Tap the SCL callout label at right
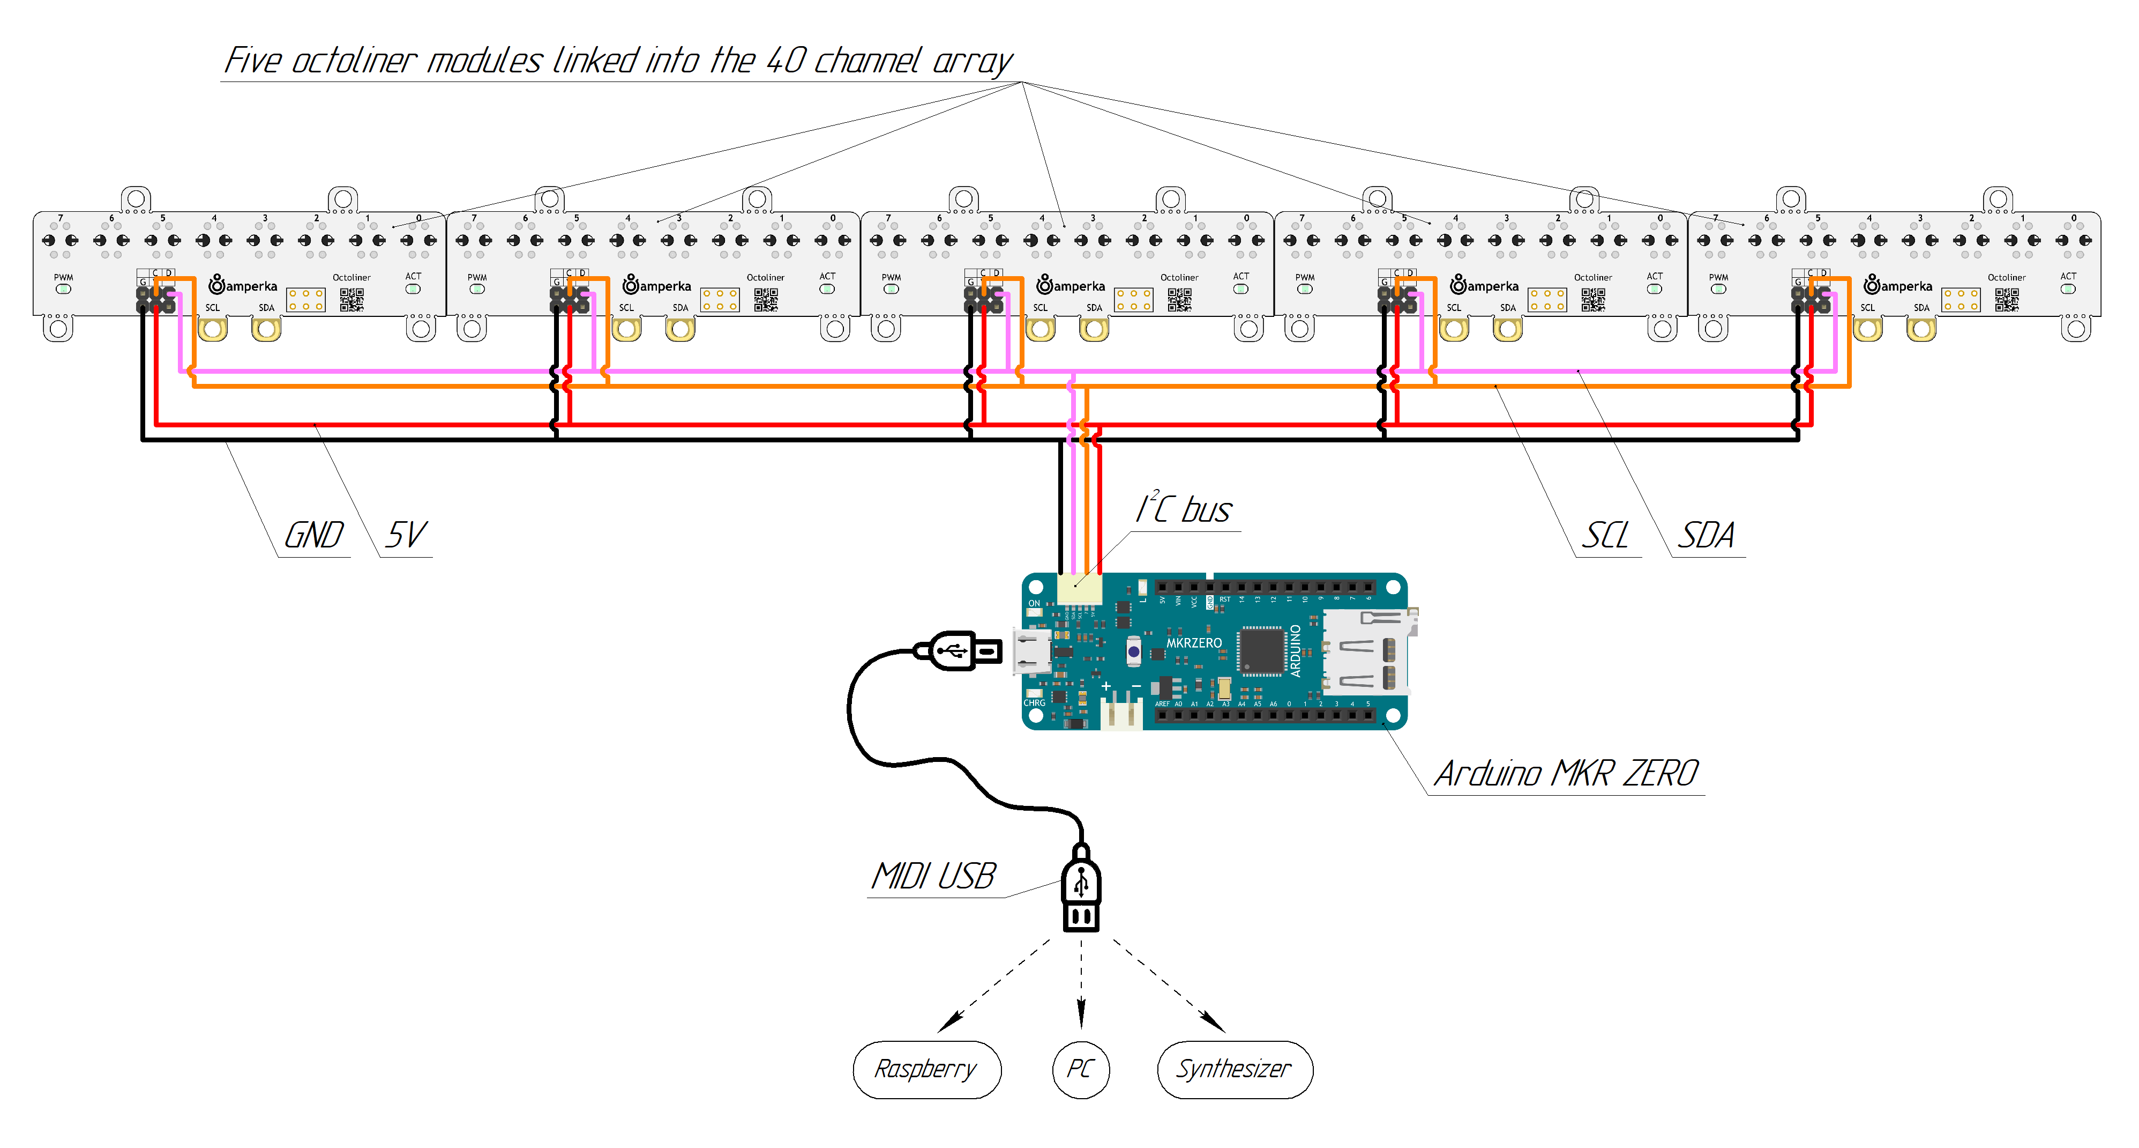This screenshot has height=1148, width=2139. click(1605, 536)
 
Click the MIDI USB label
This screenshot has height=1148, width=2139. click(932, 876)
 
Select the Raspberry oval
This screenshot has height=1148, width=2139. click(926, 1069)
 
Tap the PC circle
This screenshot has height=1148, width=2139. click(1080, 1069)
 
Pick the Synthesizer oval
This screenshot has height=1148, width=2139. click(1235, 1069)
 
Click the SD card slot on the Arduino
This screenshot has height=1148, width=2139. click(1366, 652)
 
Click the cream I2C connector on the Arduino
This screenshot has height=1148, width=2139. click(1080, 589)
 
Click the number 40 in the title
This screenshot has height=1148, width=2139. click(784, 61)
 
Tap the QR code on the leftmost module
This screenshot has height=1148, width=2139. click(351, 300)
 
